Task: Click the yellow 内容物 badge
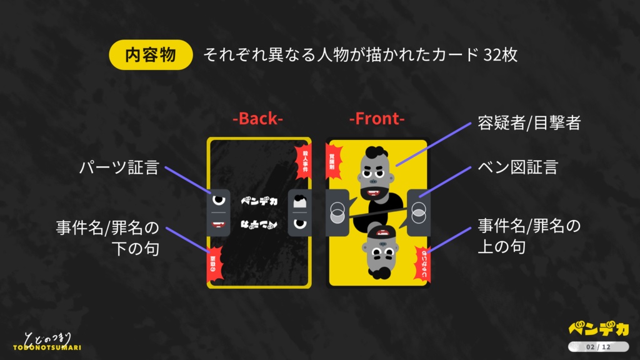pos(151,55)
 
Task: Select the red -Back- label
pos(258,119)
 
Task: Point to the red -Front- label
pos(377,119)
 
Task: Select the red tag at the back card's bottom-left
pos(213,266)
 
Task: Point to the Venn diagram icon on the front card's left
pos(337,213)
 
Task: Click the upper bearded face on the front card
pos(377,171)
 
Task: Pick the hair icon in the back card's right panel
pos(299,201)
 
